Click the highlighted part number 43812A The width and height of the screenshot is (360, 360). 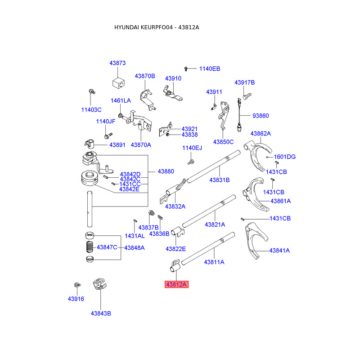(x=176, y=284)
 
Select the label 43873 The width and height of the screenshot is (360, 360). (x=117, y=63)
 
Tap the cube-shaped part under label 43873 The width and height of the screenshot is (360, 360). (x=118, y=83)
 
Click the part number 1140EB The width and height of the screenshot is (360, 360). (x=210, y=69)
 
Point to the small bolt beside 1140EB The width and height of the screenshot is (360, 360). (x=186, y=69)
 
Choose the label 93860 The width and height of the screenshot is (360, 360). (x=261, y=116)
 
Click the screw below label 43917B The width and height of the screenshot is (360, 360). (x=247, y=96)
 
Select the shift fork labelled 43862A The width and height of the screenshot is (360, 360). (x=258, y=156)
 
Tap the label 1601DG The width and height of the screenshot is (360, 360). (x=285, y=157)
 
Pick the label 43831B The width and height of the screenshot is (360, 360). (x=220, y=180)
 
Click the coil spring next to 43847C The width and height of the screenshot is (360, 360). (x=90, y=247)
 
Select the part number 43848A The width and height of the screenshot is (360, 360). (x=135, y=248)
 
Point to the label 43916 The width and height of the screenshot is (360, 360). (x=76, y=299)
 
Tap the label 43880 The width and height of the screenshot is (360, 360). (x=166, y=171)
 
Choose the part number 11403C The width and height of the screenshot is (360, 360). (x=91, y=110)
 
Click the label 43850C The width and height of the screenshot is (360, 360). (x=223, y=142)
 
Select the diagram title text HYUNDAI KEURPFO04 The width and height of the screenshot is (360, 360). (x=143, y=27)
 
